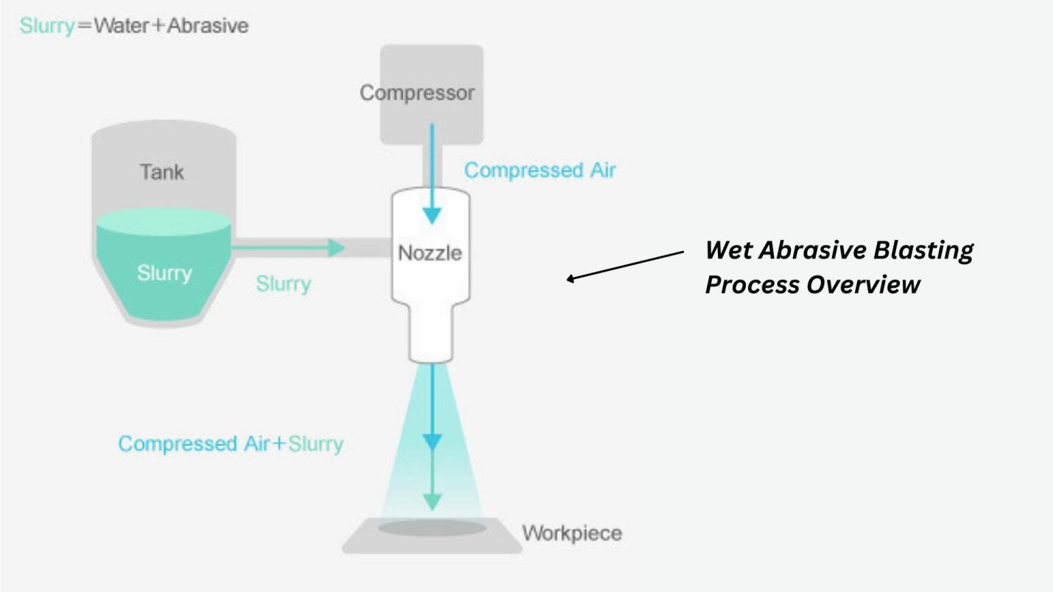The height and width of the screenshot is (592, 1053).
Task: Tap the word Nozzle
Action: [x=430, y=253]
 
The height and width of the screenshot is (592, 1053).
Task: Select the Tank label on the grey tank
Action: [x=162, y=172]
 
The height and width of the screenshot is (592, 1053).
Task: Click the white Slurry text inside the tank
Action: [x=163, y=273]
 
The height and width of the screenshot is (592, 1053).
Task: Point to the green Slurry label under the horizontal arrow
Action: [x=283, y=283]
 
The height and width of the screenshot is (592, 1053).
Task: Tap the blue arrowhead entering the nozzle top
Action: [x=432, y=214]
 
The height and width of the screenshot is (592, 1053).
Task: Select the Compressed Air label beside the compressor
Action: [x=540, y=170]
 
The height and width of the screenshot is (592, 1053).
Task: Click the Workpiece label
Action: [x=572, y=533]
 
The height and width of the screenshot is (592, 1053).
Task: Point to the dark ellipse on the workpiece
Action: [x=432, y=528]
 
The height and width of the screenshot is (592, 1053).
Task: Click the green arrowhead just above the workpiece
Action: [x=432, y=501]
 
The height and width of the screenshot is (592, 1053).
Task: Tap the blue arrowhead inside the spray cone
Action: [x=432, y=441]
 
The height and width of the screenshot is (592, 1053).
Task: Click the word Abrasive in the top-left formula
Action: [x=208, y=26]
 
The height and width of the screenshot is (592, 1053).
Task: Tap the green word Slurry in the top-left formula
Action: [x=47, y=26]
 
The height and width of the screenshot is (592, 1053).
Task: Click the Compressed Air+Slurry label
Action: [x=230, y=444]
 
